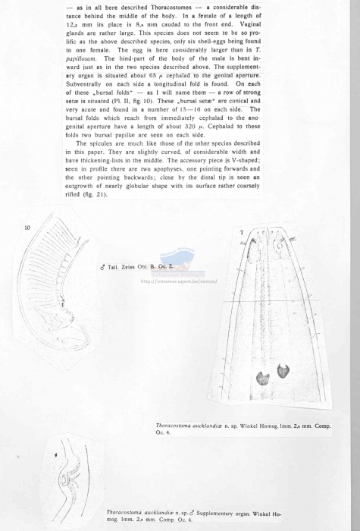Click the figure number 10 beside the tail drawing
27,227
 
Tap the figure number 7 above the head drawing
241,231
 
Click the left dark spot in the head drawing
263,377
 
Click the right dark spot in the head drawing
285,371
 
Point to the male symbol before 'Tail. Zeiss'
102,268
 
